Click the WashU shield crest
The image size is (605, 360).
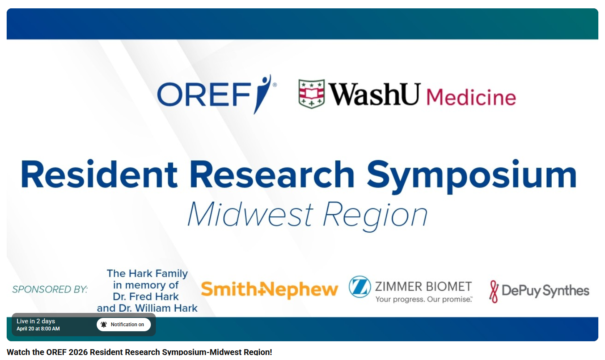click(311, 94)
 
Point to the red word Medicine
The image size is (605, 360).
click(471, 97)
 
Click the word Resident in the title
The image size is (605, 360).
click(99, 175)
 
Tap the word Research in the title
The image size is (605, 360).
click(272, 175)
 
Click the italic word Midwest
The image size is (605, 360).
click(250, 215)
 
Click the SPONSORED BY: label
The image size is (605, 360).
click(50, 289)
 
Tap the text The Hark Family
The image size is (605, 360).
click(147, 273)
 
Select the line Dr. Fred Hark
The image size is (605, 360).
click(146, 297)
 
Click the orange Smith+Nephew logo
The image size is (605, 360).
click(269, 290)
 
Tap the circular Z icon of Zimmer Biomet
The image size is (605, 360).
click(360, 287)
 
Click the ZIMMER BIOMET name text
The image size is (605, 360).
click(423, 286)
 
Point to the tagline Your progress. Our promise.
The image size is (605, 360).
click(424, 299)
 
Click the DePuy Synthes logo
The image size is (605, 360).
click(539, 290)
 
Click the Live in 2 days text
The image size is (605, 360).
click(36, 321)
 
